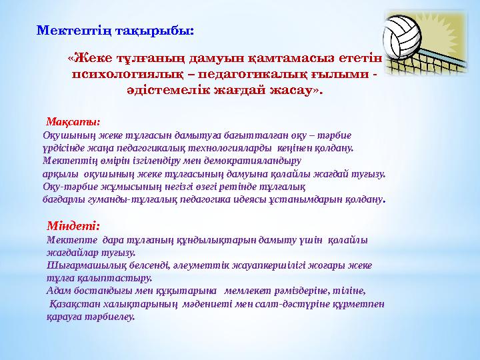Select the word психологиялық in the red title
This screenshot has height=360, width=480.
(x=121, y=75)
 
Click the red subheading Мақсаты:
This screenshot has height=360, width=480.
(x=73, y=122)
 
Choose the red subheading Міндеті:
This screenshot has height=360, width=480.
(x=74, y=226)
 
